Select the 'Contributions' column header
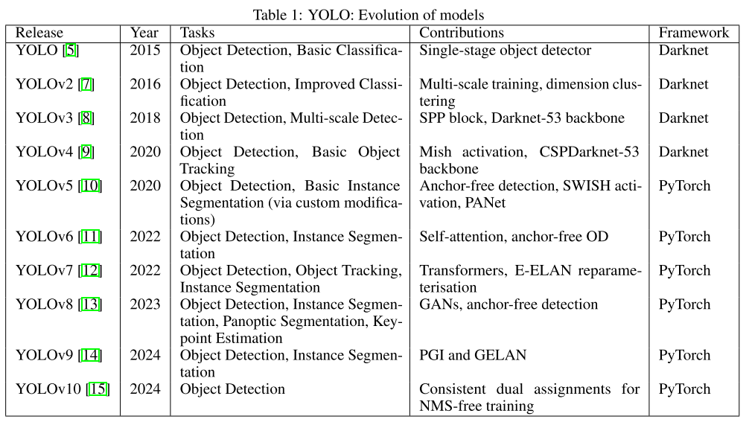[x=462, y=33]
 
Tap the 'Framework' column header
[x=693, y=33]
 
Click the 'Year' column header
[x=144, y=33]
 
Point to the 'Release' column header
[x=39, y=33]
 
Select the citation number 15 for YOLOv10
[x=98, y=389]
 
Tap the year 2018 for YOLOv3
[x=145, y=118]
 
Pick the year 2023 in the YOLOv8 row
[x=145, y=304]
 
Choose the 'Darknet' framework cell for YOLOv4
[x=683, y=153]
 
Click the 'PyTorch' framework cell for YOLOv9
[x=684, y=355]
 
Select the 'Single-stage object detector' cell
[x=505, y=51]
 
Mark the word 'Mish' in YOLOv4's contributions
[x=435, y=153]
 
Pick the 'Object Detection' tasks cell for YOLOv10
[x=232, y=389]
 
